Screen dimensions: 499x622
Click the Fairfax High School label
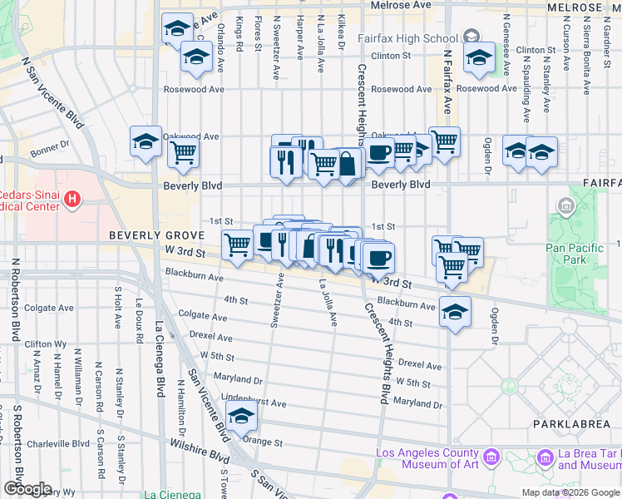pyautogui.click(x=407, y=38)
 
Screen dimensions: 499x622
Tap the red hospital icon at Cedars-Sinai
pyautogui.click(x=73, y=200)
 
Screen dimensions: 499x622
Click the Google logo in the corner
pyautogui.click(x=27, y=489)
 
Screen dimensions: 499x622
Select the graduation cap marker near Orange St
pyautogui.click(x=241, y=417)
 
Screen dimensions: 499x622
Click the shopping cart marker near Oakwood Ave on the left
pyautogui.click(x=183, y=152)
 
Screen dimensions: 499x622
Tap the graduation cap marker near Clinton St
pyautogui.click(x=480, y=57)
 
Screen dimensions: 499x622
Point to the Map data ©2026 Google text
pyautogui.click(x=570, y=492)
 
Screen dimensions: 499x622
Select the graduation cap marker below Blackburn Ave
pyautogui.click(x=455, y=313)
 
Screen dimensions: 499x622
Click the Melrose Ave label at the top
pyautogui.click(x=401, y=5)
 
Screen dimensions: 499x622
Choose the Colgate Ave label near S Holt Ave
pyautogui.click(x=40, y=307)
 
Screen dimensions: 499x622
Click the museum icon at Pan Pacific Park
pyautogui.click(x=567, y=205)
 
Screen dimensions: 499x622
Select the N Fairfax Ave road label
pyautogui.click(x=447, y=83)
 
